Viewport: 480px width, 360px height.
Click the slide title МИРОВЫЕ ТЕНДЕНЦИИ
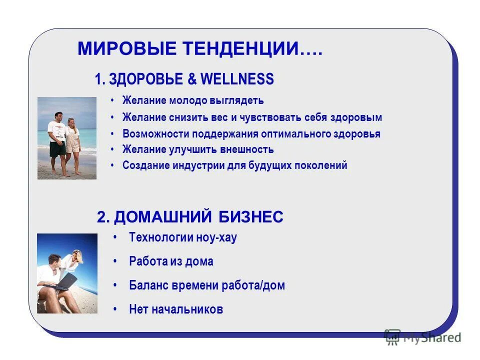[200, 49]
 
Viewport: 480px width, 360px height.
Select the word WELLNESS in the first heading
[237, 79]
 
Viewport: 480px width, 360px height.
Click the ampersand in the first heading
[192, 79]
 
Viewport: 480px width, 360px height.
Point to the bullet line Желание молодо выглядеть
[193, 100]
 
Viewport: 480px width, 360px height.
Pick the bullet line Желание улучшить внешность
[198, 149]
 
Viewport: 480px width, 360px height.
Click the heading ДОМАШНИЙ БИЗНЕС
[190, 216]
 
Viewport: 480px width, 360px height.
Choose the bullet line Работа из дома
[171, 261]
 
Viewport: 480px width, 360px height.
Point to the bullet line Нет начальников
[176, 309]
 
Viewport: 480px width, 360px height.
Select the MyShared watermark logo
[422, 337]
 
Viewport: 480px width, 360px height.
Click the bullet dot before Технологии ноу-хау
[115, 237]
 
